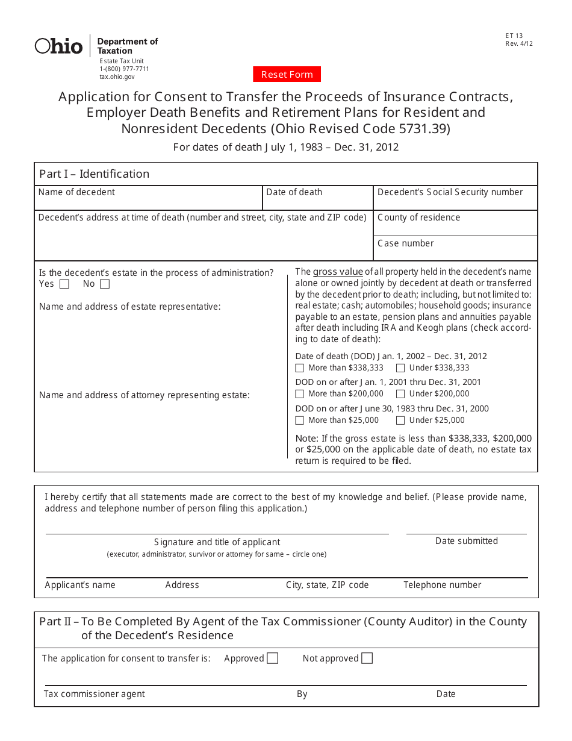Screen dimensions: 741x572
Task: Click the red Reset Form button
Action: pos(287,75)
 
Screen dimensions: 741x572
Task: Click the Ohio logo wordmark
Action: pos(59,46)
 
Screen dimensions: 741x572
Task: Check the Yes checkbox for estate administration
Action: pos(64,284)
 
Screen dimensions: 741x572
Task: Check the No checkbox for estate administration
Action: pos(105,284)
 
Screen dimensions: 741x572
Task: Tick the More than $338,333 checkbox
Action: pos(300,368)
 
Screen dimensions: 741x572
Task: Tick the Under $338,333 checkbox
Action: pos(400,368)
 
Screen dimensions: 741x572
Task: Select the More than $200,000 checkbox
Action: pos(300,394)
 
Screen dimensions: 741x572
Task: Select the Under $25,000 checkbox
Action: pos(400,421)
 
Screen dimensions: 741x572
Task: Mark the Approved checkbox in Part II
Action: pos(273,658)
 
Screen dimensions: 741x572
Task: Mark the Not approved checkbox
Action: pos(367,658)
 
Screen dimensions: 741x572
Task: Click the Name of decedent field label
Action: pos(76,192)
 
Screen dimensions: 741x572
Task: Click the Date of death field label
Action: pos(294,192)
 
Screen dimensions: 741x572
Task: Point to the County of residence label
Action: pos(418,217)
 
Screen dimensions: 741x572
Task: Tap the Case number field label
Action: pos(405,243)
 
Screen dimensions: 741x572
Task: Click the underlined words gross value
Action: pos(338,272)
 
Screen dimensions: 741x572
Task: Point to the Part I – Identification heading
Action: pos(94,174)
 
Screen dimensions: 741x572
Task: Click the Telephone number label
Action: pos(442,585)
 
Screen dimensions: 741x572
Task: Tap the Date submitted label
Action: pos(467,541)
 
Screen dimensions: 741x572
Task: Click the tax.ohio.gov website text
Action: pos(117,77)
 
